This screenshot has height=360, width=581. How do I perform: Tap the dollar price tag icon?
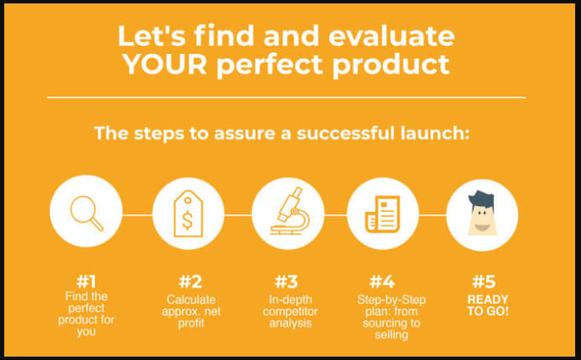click(188, 214)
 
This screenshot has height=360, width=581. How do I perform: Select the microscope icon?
click(290, 211)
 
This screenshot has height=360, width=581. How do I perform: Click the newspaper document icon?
click(383, 214)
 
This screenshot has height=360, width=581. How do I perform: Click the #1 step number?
click(86, 282)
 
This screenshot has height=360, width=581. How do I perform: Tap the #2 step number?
click(191, 282)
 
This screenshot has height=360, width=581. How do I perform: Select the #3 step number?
click(286, 282)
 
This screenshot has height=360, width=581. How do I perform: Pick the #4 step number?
click(382, 282)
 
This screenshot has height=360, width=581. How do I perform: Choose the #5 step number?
click(484, 282)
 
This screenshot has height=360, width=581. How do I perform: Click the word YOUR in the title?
click(165, 64)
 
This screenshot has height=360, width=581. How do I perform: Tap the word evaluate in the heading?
click(391, 36)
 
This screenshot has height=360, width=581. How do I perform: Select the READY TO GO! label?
click(488, 305)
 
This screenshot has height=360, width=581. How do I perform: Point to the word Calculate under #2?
click(191, 299)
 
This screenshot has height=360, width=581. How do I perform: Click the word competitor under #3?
click(290, 311)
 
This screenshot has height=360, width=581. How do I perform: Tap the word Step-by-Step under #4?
click(391, 299)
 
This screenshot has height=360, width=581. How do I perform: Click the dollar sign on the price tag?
click(188, 220)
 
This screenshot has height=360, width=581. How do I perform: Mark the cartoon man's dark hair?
click(481, 199)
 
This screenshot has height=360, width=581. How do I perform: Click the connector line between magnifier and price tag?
click(137, 215)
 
